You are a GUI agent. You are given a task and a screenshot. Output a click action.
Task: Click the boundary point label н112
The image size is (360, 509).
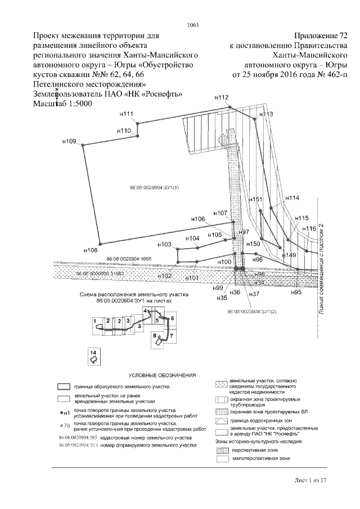(222, 97)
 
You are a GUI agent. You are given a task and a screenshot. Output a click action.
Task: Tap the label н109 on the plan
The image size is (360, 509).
(69, 141)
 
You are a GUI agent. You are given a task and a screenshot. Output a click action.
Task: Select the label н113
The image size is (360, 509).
(266, 114)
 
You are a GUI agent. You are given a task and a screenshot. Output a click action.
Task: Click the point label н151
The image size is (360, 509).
(256, 200)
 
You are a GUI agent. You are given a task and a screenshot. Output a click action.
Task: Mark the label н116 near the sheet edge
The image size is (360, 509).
(309, 228)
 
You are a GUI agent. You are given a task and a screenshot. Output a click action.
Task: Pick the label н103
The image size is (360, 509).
(164, 245)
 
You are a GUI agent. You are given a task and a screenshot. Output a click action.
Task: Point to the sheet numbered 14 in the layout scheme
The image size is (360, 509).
(93, 352)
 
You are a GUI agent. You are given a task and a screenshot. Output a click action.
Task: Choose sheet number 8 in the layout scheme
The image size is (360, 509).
(154, 335)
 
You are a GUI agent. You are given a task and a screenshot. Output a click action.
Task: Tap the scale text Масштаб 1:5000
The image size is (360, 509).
(62, 104)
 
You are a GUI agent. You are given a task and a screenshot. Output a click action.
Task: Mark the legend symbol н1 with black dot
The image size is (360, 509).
(64, 412)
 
